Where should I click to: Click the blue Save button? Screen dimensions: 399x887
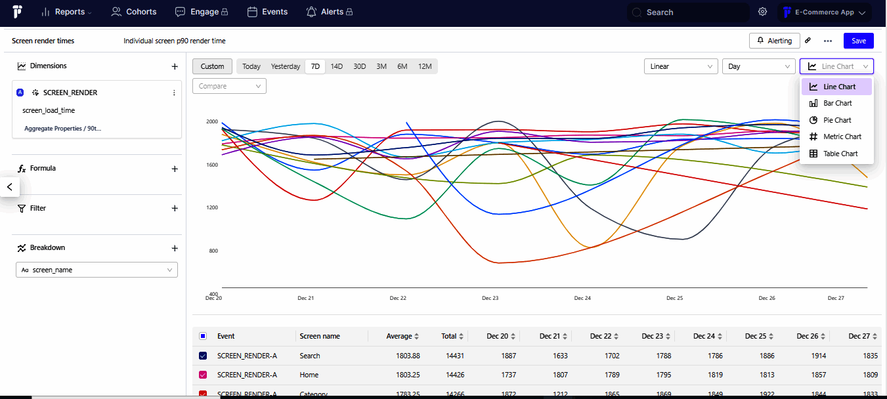[858, 41]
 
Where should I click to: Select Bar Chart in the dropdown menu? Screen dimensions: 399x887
[837, 104]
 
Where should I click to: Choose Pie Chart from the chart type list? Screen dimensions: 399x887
[837, 120]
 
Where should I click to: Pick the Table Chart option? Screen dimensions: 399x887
[840, 154]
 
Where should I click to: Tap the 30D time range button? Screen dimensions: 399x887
[359, 66]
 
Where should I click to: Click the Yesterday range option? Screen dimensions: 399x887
[285, 66]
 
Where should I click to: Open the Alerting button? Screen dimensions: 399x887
[774, 41]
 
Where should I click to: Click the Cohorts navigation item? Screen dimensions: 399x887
[134, 12]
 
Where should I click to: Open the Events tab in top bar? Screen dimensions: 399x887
[267, 12]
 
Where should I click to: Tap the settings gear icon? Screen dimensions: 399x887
[762, 12]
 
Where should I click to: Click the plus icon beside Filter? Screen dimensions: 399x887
[175, 208]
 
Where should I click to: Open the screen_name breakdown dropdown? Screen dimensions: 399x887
[97, 270]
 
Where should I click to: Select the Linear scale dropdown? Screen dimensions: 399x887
[682, 66]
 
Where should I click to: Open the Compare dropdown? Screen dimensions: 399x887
[229, 86]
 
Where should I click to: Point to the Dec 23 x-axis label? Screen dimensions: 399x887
[490, 298]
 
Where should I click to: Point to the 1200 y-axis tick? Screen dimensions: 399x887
[212, 207]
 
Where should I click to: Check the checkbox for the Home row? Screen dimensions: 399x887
[203, 375]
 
